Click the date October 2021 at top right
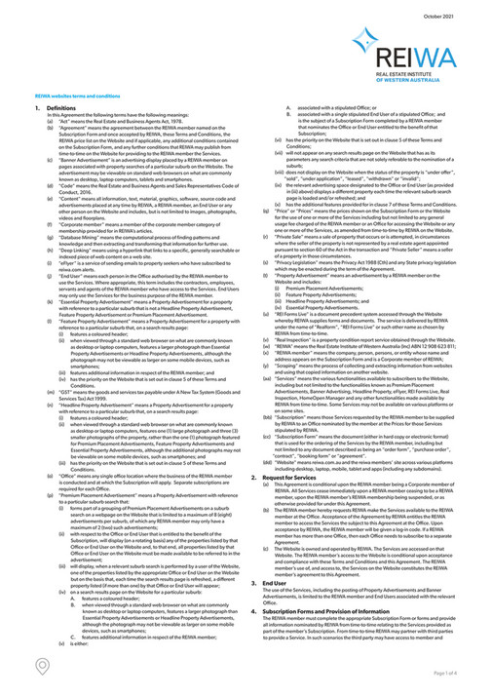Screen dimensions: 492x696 (x=440, y=13)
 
